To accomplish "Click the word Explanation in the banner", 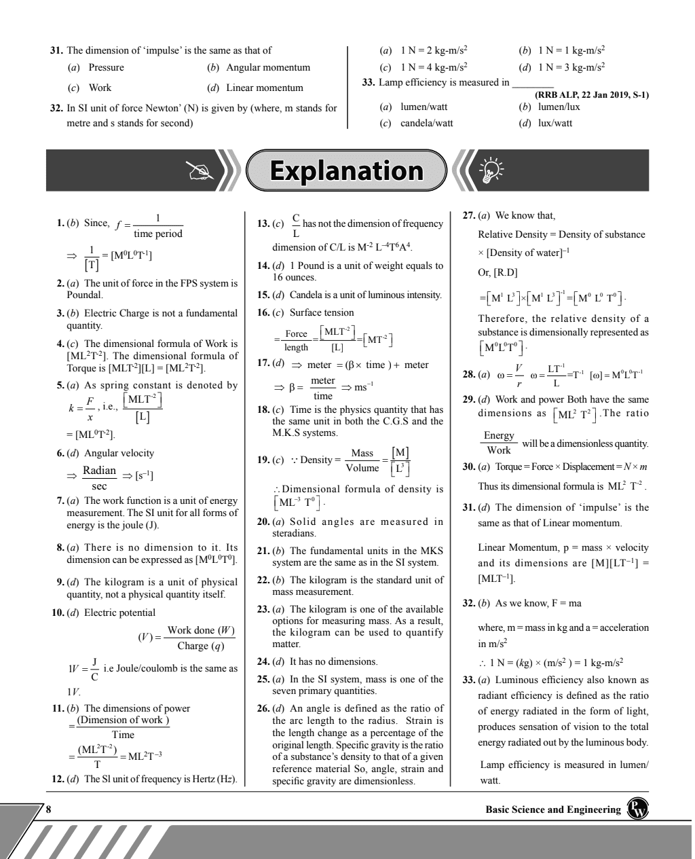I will tap(346, 170).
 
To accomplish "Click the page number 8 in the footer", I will tap(48, 809).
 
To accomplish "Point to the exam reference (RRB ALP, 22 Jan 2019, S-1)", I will tap(592, 94).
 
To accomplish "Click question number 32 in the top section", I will tap(57, 107).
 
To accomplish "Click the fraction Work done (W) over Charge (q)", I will tap(200, 638).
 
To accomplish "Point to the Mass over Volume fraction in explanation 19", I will tap(362, 460).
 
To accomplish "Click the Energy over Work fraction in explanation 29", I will tap(499, 442).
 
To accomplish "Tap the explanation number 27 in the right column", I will tap(468, 215).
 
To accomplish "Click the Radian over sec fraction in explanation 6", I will tap(99, 477).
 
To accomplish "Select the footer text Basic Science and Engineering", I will tap(553, 809).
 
